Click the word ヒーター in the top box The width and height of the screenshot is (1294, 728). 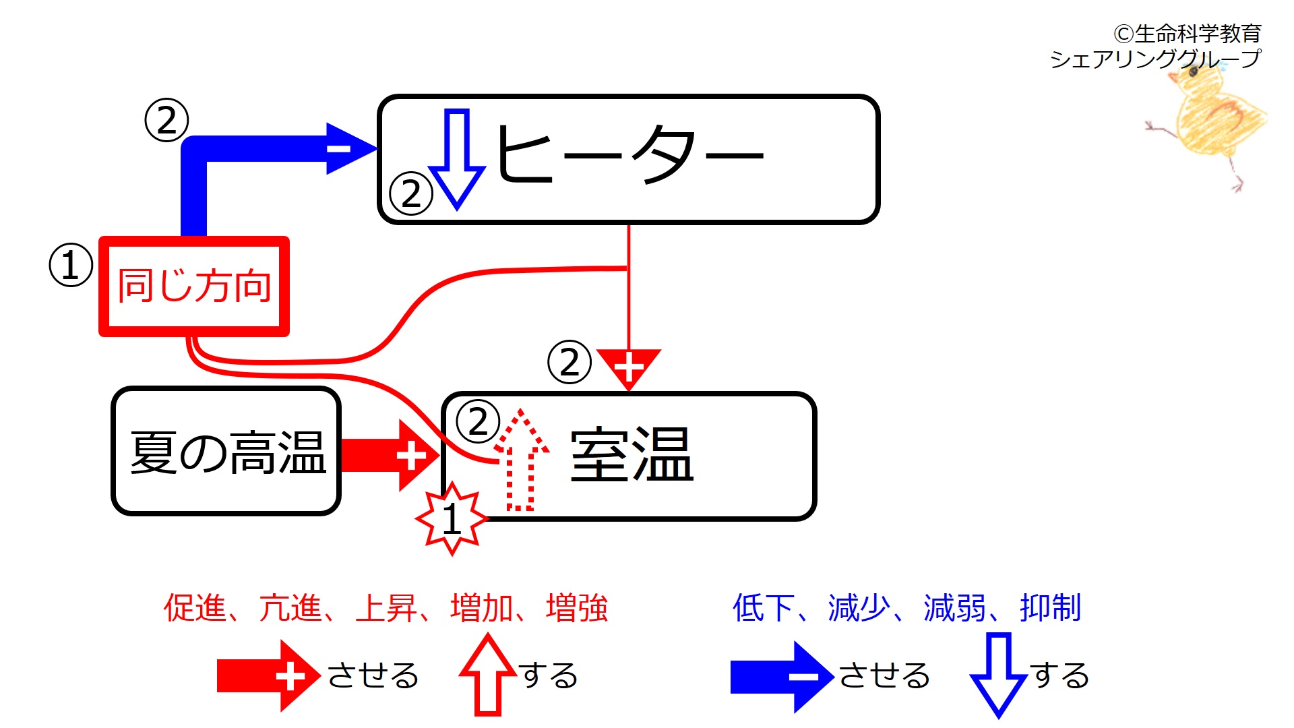coord(629,155)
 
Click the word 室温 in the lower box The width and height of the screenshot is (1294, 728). coord(631,455)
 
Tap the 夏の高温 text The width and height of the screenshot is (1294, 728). coord(228,453)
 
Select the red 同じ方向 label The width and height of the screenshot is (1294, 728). coord(194,286)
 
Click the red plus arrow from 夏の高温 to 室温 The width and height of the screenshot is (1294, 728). coord(391,456)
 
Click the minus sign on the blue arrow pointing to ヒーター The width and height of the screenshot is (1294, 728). coord(339,148)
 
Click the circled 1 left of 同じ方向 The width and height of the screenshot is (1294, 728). coord(71,265)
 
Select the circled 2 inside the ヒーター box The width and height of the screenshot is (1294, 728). coord(410,194)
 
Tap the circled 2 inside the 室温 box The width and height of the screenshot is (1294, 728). coord(478,422)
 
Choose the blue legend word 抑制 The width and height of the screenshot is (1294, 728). coord(1051,608)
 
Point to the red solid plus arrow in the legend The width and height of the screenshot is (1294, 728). coord(268,676)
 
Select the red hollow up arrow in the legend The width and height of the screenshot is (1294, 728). coord(487,675)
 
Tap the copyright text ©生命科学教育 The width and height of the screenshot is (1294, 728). coord(1188,33)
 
